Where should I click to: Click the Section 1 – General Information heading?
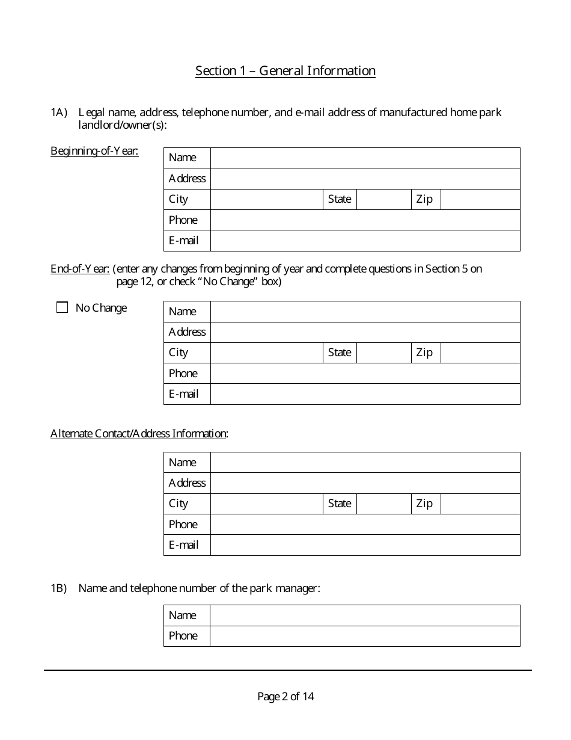click(x=285, y=71)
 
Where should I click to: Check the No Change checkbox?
click(x=62, y=308)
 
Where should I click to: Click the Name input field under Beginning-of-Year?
click(x=365, y=158)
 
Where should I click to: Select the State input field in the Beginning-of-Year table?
click(x=384, y=199)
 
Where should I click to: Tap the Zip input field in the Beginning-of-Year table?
click(x=480, y=199)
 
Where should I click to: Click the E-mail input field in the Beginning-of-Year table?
click(x=365, y=241)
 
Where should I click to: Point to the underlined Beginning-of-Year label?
click(x=94, y=151)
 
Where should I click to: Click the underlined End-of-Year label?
click(x=80, y=269)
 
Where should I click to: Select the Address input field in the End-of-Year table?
click(x=365, y=332)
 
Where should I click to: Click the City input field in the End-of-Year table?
click(x=267, y=353)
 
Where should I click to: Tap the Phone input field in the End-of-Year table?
click(x=365, y=374)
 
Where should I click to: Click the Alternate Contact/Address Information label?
click(x=139, y=434)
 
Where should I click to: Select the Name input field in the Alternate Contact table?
click(x=365, y=463)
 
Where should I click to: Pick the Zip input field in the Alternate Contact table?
click(x=480, y=504)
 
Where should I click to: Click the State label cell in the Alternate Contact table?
click(x=340, y=504)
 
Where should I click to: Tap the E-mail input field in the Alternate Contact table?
click(x=365, y=545)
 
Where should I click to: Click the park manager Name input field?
click(x=365, y=615)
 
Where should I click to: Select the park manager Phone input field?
click(x=365, y=636)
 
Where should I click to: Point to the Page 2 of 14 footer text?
click(x=285, y=697)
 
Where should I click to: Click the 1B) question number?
click(x=58, y=588)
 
